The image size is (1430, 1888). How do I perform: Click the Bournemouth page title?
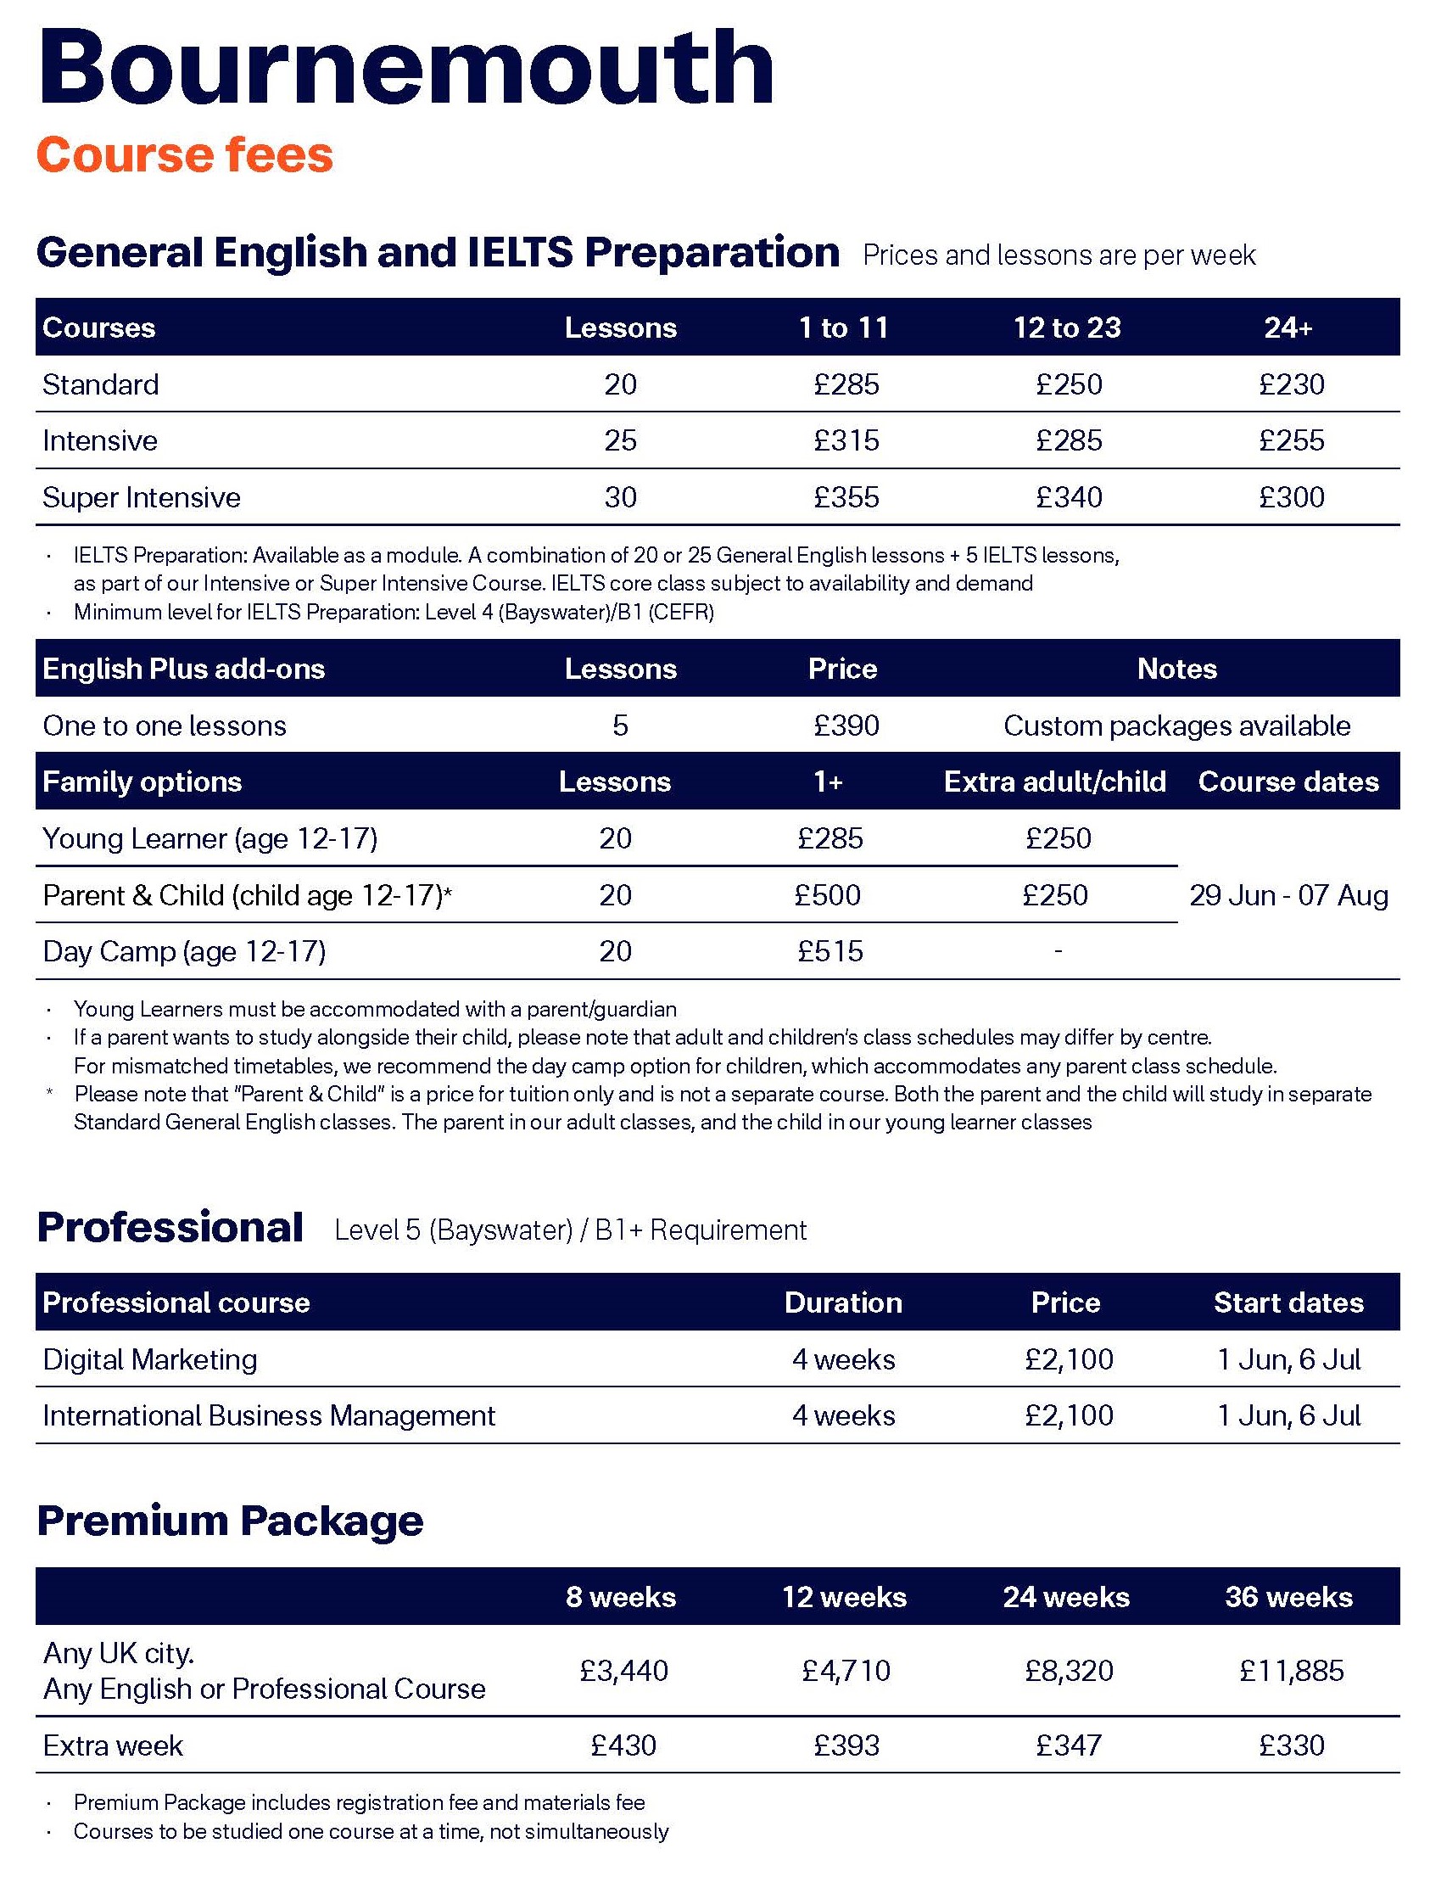coord(405,68)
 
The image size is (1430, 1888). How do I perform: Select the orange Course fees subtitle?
coord(184,155)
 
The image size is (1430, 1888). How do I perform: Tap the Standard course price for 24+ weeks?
coord(1291,384)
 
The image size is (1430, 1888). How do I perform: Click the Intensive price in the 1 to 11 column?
coord(846,440)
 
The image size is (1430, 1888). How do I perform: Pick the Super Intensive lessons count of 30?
coord(620,496)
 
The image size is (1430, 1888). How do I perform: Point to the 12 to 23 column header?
coord(1066,328)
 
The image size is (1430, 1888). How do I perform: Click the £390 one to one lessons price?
coord(846,726)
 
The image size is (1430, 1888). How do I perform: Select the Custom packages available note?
coord(1176,726)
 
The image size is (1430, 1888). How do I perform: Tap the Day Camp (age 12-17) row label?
coord(184,951)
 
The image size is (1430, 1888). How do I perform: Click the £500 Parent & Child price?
coord(827,894)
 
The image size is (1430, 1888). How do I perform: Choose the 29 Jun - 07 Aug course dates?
coord(1288,894)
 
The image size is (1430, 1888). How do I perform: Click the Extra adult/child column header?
coord(1054,782)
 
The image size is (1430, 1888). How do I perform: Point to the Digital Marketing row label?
coord(150,1359)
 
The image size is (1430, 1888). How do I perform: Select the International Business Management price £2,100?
coord(1068,1415)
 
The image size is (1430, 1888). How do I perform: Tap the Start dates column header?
coord(1288,1303)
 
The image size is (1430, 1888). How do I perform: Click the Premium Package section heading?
coord(231,1521)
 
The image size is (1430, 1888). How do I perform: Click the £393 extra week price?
coord(846,1745)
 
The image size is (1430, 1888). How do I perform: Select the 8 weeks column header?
coord(620,1596)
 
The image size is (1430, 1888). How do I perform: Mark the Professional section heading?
coord(170,1227)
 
